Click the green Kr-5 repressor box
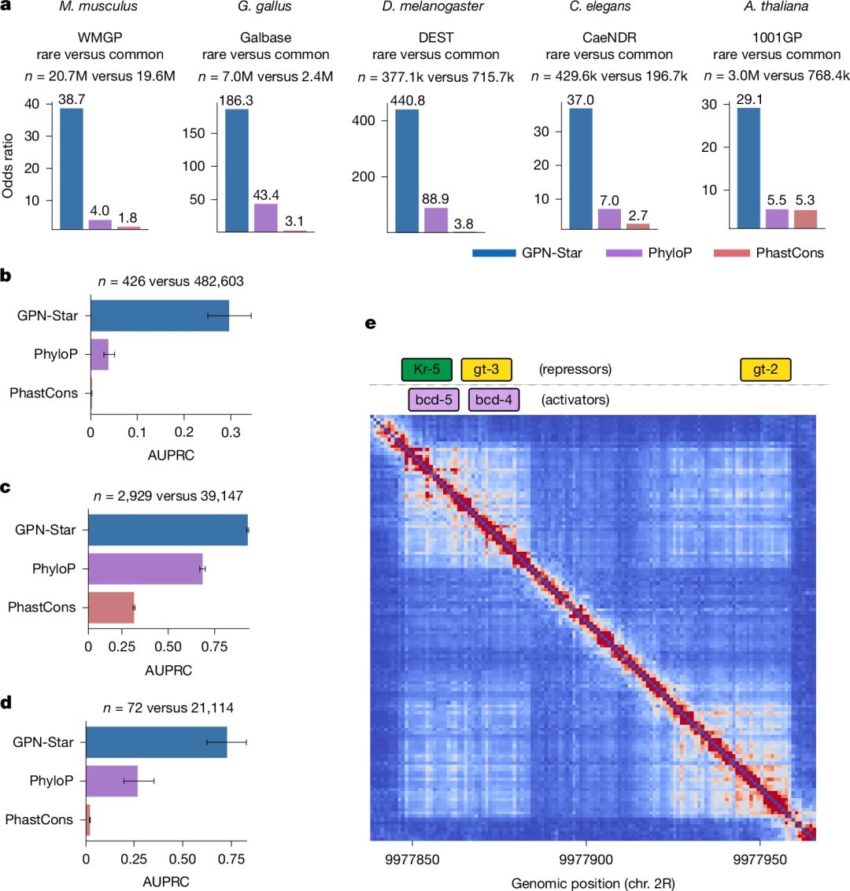pos(427,369)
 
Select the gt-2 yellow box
pos(765,369)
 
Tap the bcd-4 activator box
pos(493,400)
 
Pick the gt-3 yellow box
pos(486,369)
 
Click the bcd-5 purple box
pos(434,400)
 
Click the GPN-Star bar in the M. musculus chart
pos(72,168)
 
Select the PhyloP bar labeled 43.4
pos(266,218)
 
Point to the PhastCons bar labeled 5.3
pos(806,220)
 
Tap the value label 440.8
pos(408,101)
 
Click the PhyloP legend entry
pos(649,253)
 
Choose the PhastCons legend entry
pos(769,253)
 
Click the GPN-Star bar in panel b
pos(160,316)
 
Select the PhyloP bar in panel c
pos(146,569)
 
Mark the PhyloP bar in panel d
pos(112,781)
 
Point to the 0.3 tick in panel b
pos(231,432)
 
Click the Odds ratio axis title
pos(8,166)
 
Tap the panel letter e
pos(371,323)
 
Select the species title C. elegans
pos(600,7)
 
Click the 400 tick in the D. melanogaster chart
pos(364,120)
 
